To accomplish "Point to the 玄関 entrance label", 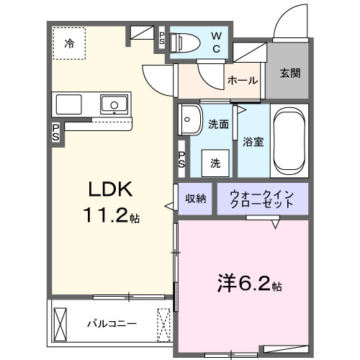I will [x=290, y=73].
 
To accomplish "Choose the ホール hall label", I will [x=243, y=81].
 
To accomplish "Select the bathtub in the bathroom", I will [x=289, y=141].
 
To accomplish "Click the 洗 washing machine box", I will [x=215, y=163].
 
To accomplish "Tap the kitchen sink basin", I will [x=112, y=105].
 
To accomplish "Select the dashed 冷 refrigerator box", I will [x=70, y=44].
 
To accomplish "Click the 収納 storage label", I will [x=196, y=198].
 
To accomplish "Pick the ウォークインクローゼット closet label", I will [x=262, y=198].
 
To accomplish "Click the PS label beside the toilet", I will [x=163, y=38].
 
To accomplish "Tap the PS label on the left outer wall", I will [x=55, y=133].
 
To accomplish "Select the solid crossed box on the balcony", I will [x=60, y=324].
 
